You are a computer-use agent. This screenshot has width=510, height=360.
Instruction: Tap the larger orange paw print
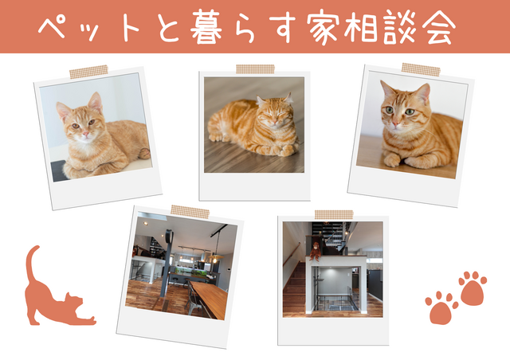pyautogui.click(x=473, y=288)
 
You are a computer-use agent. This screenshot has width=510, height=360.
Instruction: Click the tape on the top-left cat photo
pyautogui.click(x=88, y=72)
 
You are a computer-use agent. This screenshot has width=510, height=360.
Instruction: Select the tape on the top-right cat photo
pyautogui.click(x=420, y=70)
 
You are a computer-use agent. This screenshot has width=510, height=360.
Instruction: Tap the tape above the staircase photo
pyautogui.click(x=333, y=214)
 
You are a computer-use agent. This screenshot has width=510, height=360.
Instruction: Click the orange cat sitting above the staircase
pyautogui.click(x=316, y=250)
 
